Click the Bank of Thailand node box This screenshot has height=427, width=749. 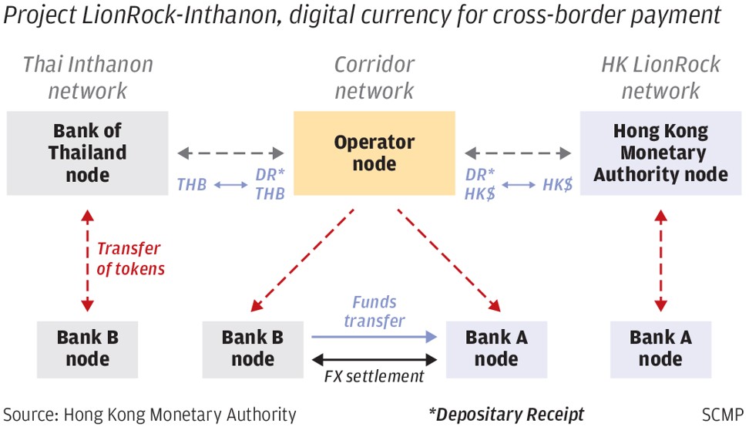pos(87,153)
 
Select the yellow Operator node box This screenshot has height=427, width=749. pos(374,153)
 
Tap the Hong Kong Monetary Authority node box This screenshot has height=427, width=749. pos(660,153)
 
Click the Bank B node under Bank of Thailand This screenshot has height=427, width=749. pos(87,349)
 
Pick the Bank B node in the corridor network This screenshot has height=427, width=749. pos(253,349)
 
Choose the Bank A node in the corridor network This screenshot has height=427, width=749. pos(496,349)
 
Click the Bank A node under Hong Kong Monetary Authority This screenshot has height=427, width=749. pos(660,349)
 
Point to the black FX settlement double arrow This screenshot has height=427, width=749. pos(374,359)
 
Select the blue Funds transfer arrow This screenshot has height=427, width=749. pos(374,337)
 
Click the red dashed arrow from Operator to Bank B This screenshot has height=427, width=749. pos(302,261)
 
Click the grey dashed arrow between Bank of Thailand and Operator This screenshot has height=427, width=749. pos(230,153)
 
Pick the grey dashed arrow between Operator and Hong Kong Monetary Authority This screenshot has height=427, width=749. pos(518,153)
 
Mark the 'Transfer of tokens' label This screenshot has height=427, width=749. pos(130,258)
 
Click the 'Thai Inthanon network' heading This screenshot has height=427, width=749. pos(88,77)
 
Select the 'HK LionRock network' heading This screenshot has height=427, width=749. pos(660,77)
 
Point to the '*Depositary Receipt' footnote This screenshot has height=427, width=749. pos(506,414)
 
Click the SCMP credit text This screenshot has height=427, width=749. pos(723,414)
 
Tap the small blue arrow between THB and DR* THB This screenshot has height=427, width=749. pos(230,184)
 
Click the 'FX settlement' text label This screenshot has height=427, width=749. pos(374,376)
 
